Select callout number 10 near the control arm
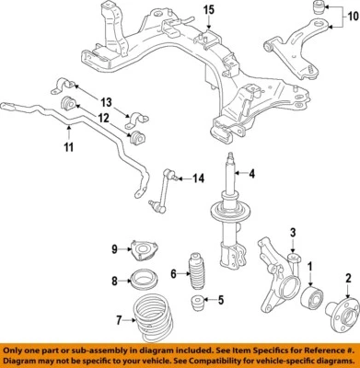click(347, 16)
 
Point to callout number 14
click(198, 178)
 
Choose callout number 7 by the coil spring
click(117, 321)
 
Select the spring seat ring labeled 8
click(145, 282)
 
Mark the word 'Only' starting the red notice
click(16, 351)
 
